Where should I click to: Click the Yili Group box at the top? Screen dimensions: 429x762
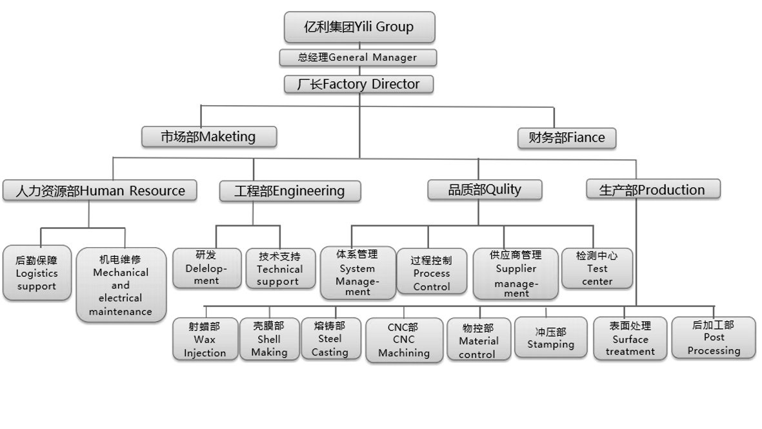click(359, 27)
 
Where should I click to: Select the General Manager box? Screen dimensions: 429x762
click(357, 57)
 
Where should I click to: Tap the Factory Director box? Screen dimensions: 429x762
click(359, 85)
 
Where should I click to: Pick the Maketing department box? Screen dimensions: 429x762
click(209, 137)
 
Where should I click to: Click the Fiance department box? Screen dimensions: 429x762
click(566, 138)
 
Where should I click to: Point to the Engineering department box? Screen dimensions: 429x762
click(289, 191)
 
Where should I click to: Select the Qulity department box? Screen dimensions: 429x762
click(485, 190)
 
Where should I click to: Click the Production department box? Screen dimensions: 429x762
click(652, 190)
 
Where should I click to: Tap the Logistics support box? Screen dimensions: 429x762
click(37, 273)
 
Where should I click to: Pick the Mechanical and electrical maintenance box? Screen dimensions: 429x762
click(121, 285)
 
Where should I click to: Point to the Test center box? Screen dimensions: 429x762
click(597, 268)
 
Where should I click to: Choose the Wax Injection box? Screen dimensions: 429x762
click(205, 339)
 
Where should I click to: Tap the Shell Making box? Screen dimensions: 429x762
click(269, 339)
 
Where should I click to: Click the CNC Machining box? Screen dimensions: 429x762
click(405, 339)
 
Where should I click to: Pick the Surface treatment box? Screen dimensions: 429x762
click(630, 339)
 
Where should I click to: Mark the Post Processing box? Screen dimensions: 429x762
click(714, 337)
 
